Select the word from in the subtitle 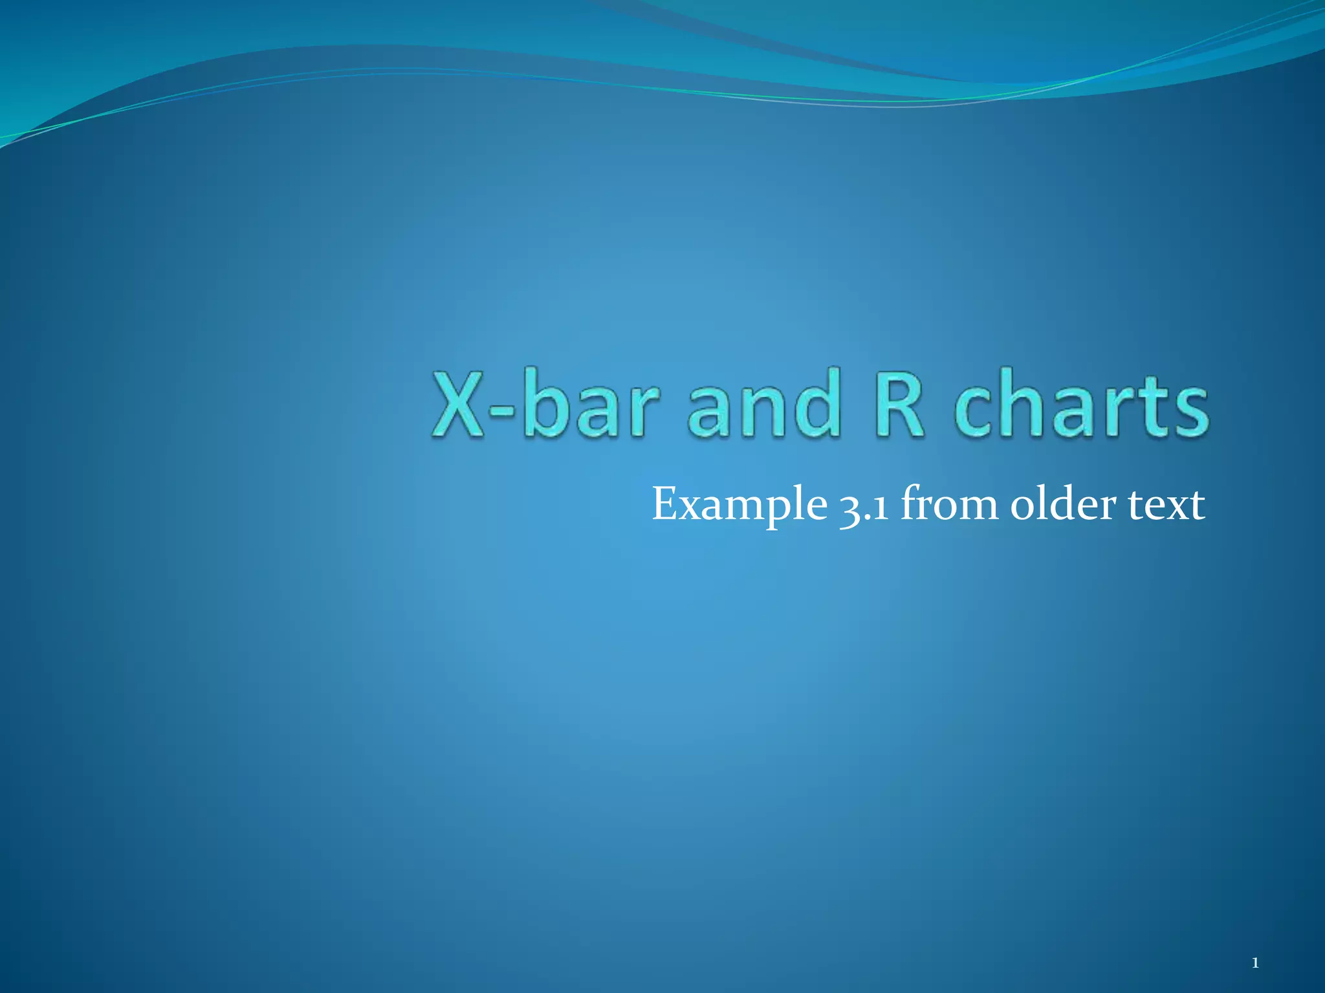point(948,504)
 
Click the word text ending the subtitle point(1167,505)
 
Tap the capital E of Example point(666,504)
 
